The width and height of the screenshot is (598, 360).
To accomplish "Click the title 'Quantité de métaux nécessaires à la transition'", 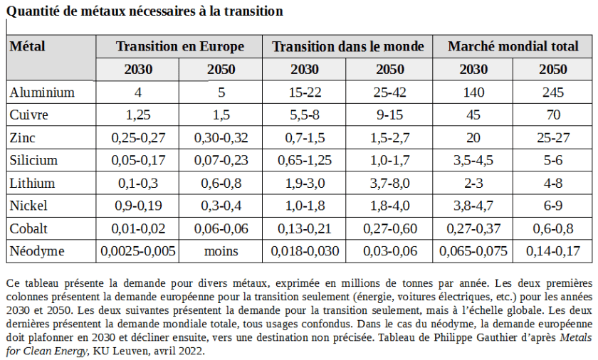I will (145, 11).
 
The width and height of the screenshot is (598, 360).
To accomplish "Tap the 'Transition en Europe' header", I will (179, 47).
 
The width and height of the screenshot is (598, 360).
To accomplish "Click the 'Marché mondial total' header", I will (513, 47).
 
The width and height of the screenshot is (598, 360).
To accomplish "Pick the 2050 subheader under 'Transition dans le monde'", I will (390, 70).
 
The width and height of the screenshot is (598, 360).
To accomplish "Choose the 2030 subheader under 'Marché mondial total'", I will (473, 70).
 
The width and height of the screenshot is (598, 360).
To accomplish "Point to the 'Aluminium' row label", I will (42, 92).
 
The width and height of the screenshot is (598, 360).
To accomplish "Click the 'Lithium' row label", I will (33, 184).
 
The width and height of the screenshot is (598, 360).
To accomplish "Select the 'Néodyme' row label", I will (37, 251).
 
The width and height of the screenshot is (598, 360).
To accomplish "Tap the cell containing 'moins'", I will (221, 251).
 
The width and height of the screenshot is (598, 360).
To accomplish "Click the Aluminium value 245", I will (552, 92).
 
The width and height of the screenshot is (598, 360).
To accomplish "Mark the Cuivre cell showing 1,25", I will (138, 115).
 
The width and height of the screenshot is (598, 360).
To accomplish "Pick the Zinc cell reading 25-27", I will (552, 138).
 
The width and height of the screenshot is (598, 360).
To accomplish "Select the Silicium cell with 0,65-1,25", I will (305, 161).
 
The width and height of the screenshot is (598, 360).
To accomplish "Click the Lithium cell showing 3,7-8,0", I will (390, 184).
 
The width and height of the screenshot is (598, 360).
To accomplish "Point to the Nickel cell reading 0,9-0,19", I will (138, 206).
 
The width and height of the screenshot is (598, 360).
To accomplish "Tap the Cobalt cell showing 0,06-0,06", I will (221, 228).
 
